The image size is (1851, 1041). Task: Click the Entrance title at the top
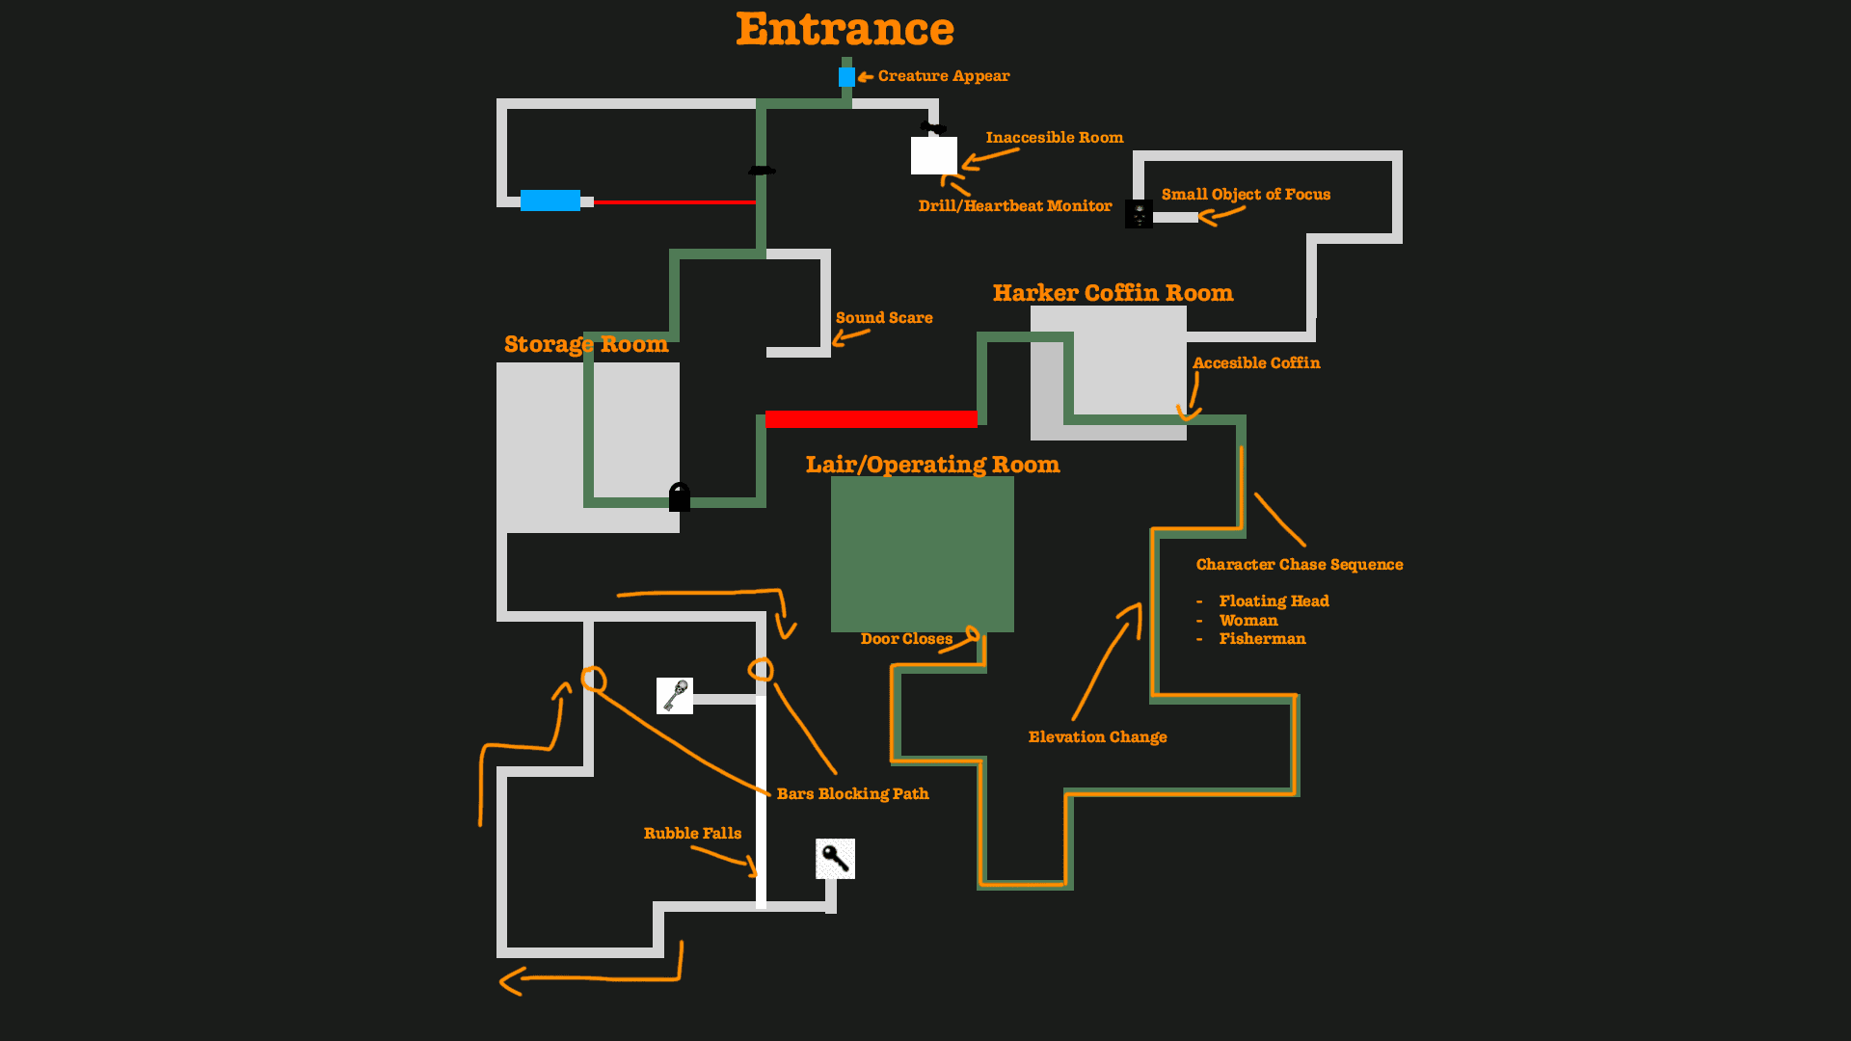(845, 30)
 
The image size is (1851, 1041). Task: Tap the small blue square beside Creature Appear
(846, 77)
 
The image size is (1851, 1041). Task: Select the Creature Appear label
(944, 76)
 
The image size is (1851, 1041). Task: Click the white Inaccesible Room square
(934, 155)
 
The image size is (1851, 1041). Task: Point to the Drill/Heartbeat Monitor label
(1015, 206)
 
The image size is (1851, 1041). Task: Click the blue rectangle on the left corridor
(550, 200)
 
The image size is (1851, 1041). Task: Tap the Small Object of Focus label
(1246, 195)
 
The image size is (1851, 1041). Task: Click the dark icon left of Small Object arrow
(1139, 214)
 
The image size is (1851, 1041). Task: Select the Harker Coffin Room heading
(1113, 293)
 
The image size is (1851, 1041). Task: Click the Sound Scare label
(884, 318)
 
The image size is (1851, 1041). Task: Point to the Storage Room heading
(586, 345)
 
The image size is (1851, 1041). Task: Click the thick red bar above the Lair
(872, 419)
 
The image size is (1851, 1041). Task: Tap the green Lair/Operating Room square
(923, 554)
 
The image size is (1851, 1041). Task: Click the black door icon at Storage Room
(680, 497)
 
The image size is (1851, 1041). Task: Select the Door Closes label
(906, 639)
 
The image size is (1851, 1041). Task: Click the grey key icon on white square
(675, 696)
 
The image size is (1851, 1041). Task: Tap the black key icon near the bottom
(835, 859)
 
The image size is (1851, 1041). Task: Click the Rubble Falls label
(692, 834)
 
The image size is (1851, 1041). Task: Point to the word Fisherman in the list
(1262, 639)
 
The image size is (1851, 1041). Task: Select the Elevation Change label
(1097, 737)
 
